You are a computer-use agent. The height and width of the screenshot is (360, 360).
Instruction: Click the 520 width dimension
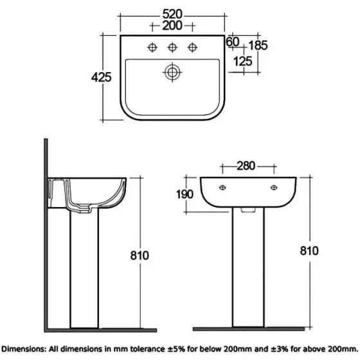click(x=173, y=14)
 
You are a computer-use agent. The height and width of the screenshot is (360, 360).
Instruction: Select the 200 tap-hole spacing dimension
click(x=173, y=26)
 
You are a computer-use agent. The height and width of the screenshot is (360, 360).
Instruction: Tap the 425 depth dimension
click(x=102, y=77)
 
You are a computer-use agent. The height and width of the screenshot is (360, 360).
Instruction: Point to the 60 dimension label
click(x=233, y=42)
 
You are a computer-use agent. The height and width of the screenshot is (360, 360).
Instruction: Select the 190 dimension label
click(x=184, y=195)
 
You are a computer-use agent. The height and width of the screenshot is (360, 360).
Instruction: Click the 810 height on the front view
click(x=309, y=251)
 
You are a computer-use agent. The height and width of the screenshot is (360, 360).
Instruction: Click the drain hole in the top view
click(x=172, y=72)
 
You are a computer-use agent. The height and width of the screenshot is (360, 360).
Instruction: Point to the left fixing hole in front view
click(x=222, y=187)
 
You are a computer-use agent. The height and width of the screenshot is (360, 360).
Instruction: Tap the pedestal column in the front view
click(x=248, y=270)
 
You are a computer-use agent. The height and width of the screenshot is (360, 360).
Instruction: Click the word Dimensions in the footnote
click(x=24, y=349)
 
